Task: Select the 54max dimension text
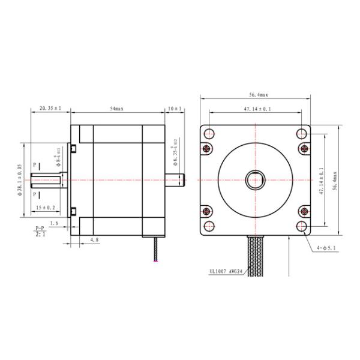pos(118,109)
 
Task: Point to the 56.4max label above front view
pos(256,94)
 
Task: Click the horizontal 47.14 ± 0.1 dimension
pos(256,109)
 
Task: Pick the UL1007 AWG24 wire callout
pos(226,270)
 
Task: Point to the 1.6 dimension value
pos(55,223)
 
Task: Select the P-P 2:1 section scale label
pos(40,231)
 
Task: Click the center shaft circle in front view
pos(256,179)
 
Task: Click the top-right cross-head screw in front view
pos(302,148)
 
